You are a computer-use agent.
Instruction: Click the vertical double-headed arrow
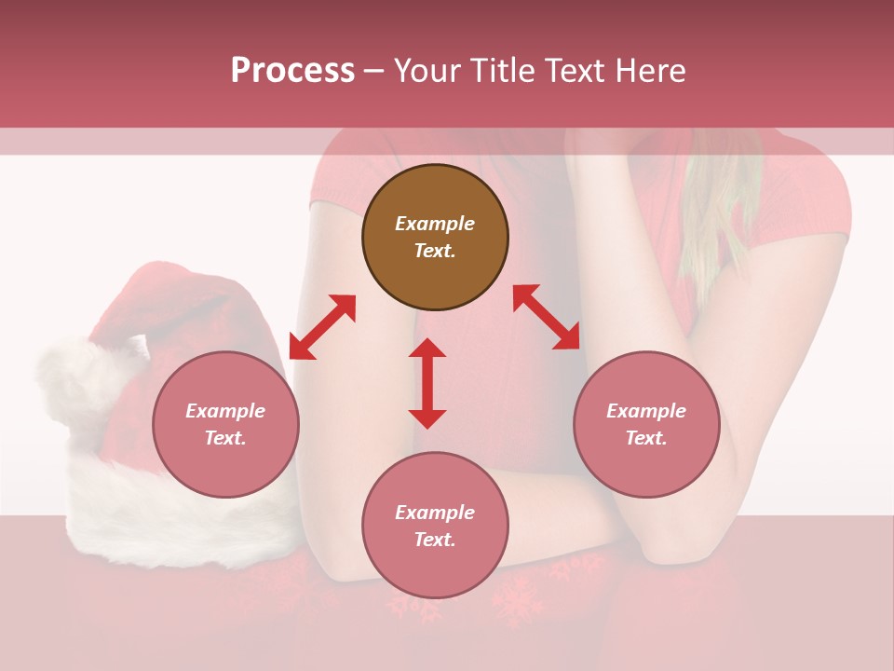pos(427,383)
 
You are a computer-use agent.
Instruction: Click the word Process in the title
pos(292,71)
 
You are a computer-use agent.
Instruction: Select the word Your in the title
pos(427,71)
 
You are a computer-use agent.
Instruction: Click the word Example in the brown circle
pos(435,224)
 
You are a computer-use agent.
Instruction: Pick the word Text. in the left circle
pos(225,438)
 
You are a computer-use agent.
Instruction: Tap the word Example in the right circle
pos(646,411)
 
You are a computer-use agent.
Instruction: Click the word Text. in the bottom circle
pos(435,540)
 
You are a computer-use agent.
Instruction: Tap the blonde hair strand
pos(717,214)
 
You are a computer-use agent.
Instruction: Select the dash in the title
pos(373,71)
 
